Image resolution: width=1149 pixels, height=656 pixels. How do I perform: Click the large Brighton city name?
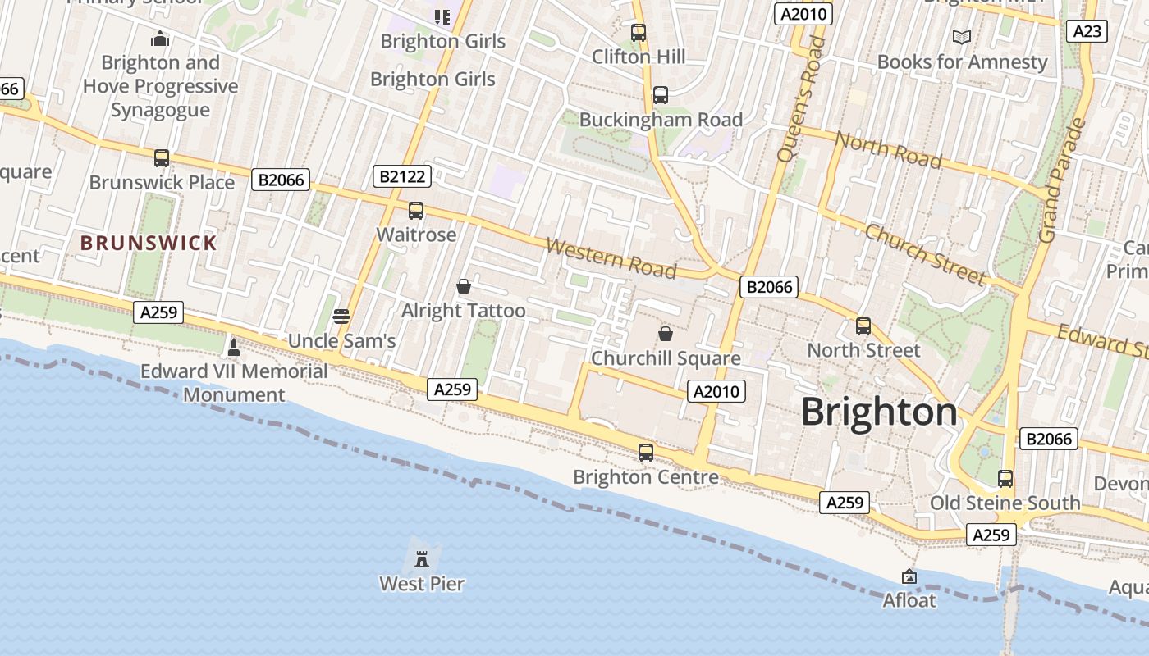(x=879, y=412)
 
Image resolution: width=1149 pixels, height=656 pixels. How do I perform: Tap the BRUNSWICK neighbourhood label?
(x=149, y=243)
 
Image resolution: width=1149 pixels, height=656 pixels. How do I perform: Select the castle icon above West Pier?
(x=422, y=559)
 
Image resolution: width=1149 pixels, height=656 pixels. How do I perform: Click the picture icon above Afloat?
(x=909, y=576)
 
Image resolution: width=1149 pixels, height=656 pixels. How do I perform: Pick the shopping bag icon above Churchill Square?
(x=666, y=334)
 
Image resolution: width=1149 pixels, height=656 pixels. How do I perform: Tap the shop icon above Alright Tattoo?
(x=464, y=286)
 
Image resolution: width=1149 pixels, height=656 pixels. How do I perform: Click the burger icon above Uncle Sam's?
(x=341, y=317)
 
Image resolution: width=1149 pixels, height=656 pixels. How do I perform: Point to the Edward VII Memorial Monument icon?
(x=234, y=347)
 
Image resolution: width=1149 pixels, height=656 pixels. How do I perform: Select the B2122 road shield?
(x=401, y=175)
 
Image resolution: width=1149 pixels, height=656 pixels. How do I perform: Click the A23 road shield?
(x=1087, y=31)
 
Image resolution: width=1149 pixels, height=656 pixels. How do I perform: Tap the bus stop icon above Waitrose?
(x=416, y=211)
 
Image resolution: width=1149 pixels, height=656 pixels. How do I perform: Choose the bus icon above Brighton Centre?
(x=646, y=453)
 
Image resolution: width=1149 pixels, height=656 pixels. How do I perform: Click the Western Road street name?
(x=611, y=258)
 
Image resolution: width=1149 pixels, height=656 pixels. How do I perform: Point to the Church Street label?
(x=924, y=253)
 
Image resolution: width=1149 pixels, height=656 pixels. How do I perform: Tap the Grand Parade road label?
(x=1062, y=181)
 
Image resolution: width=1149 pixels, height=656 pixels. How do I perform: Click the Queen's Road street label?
(x=800, y=99)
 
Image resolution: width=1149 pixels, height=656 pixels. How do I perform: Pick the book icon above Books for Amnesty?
(x=962, y=37)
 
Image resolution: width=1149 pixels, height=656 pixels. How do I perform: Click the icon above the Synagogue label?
(x=160, y=39)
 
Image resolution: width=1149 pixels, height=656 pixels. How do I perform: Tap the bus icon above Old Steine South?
(x=1005, y=479)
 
